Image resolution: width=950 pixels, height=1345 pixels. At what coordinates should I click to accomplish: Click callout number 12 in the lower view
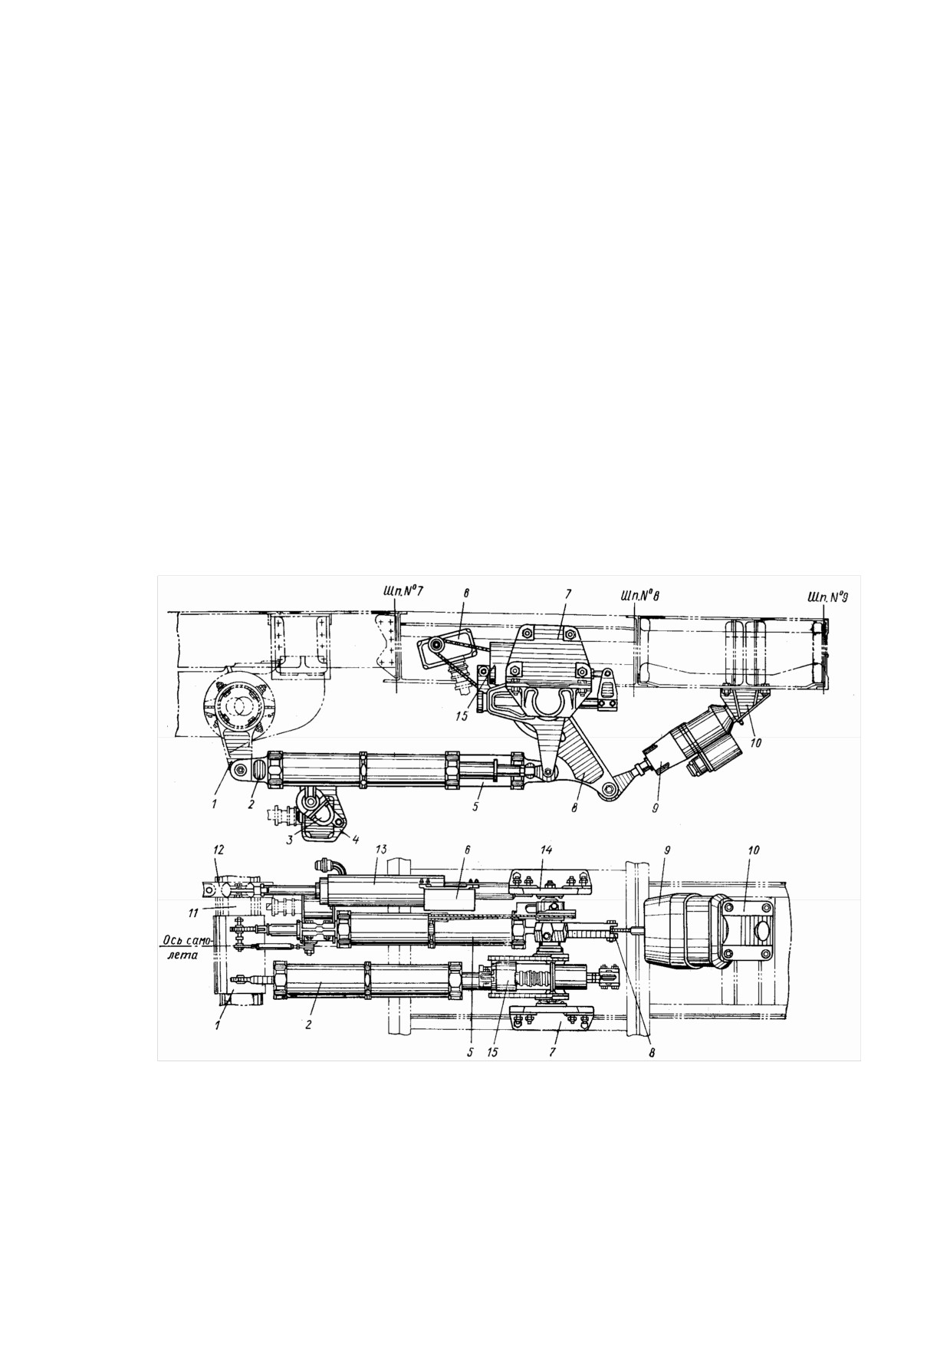(x=220, y=851)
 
